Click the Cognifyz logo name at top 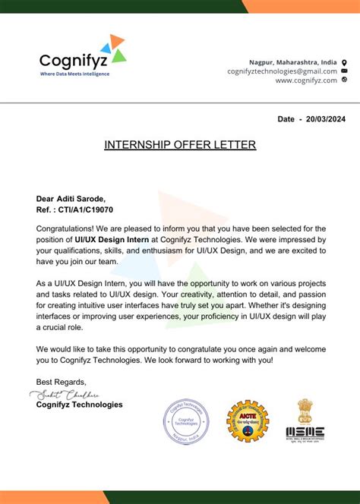[x=74, y=59]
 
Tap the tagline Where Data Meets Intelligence [x=74, y=74]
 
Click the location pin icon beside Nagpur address [x=344, y=61]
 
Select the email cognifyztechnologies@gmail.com [x=282, y=71]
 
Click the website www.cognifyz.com [x=306, y=80]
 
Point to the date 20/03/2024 [x=327, y=119]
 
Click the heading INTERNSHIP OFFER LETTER [x=180, y=144]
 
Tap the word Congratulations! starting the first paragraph [x=66, y=228]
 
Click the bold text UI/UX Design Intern [x=106, y=239]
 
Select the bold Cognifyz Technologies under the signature [x=79, y=405]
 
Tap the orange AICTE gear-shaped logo [x=248, y=421]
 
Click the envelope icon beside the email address [x=344, y=71]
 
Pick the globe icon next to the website [x=344, y=80]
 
